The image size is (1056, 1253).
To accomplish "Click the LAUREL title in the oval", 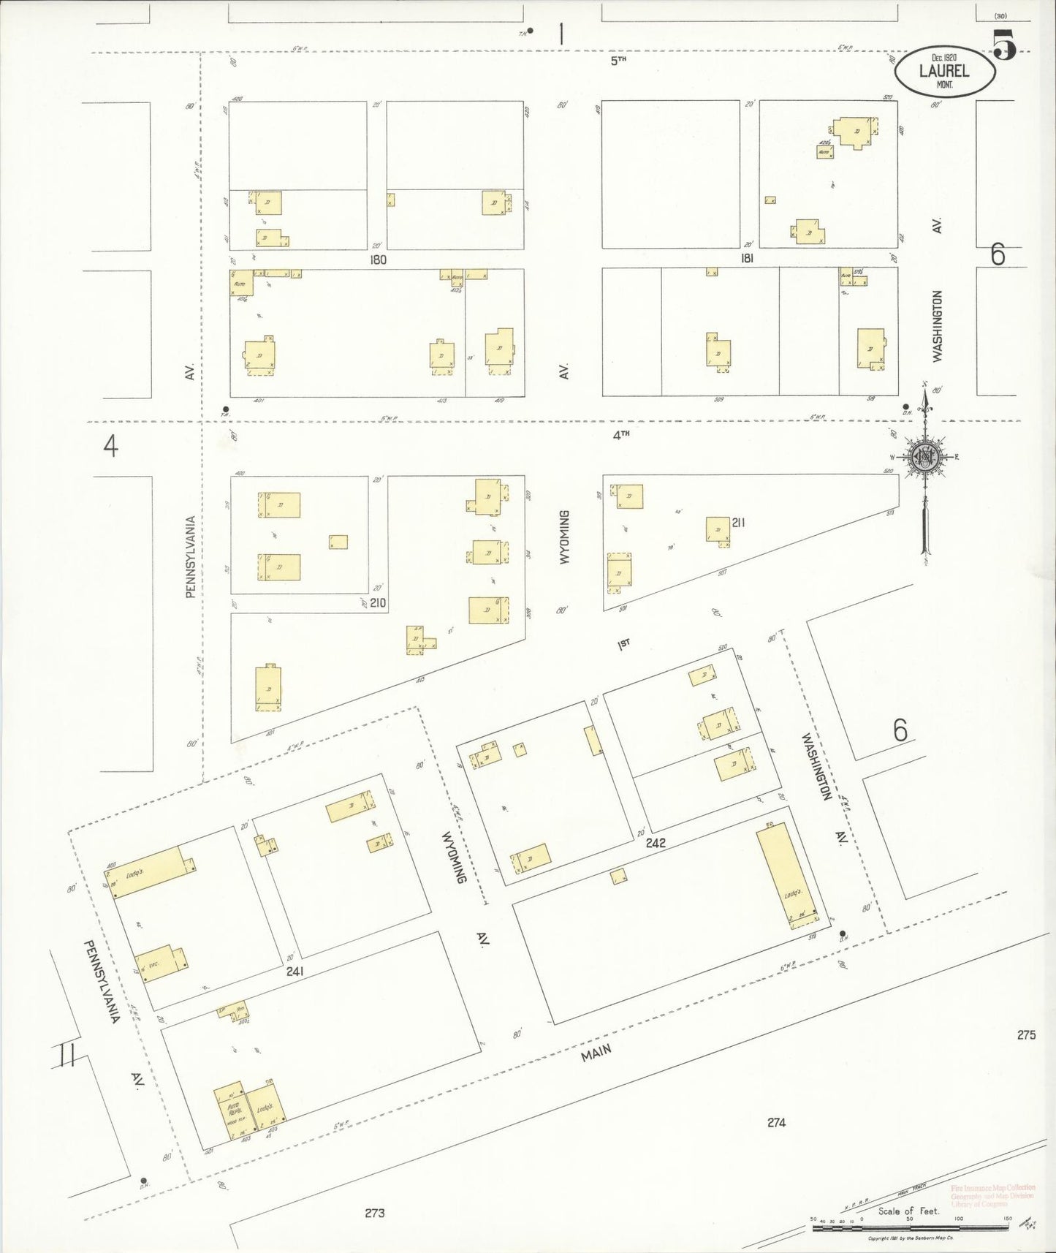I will pyautogui.click(x=944, y=71).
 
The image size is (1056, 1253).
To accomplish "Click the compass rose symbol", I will pyautogui.click(x=925, y=458).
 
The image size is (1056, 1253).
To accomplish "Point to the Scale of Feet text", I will pyautogui.click(x=908, y=1211).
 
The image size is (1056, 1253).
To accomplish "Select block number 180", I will pyautogui.click(x=378, y=260).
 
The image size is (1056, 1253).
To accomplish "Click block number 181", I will pyautogui.click(x=747, y=258).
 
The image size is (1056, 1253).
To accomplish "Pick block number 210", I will pyautogui.click(x=378, y=602).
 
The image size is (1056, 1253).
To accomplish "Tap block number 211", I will pyautogui.click(x=738, y=522).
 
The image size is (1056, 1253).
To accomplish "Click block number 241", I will pyautogui.click(x=295, y=972).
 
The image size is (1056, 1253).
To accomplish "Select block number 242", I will pyautogui.click(x=656, y=843).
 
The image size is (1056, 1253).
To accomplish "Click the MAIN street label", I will pyautogui.click(x=596, y=1053).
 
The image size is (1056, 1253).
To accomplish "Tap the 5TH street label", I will pyautogui.click(x=619, y=61).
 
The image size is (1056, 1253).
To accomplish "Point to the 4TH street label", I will pyautogui.click(x=620, y=435).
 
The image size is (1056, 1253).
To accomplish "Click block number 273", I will pyautogui.click(x=374, y=1213).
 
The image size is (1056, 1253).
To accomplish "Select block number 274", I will pyautogui.click(x=776, y=1121).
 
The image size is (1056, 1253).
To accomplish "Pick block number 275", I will pyautogui.click(x=1026, y=1034).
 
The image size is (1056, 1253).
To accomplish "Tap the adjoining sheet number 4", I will pyautogui.click(x=110, y=445).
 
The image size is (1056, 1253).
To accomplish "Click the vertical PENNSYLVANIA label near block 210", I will pyautogui.click(x=191, y=557).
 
